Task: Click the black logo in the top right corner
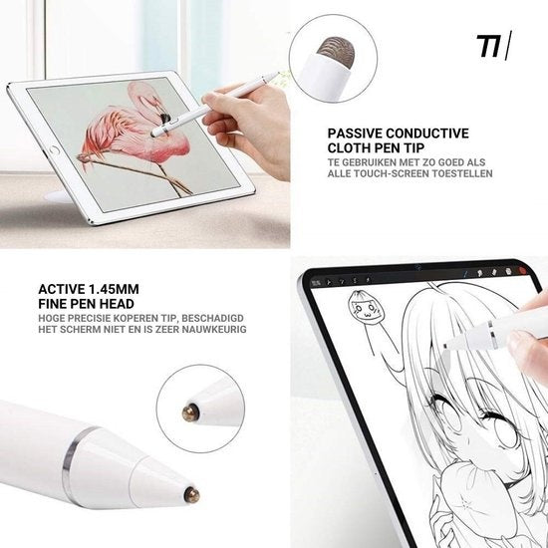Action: coord(494,46)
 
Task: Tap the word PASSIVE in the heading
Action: coord(355,134)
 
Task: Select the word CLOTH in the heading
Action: coord(351,148)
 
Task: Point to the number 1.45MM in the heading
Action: coord(114,289)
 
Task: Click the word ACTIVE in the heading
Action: coord(62,289)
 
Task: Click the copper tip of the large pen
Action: coord(192,495)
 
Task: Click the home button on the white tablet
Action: coord(55,150)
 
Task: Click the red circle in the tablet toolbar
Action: coord(523,270)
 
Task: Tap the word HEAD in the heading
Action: coord(118,304)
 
